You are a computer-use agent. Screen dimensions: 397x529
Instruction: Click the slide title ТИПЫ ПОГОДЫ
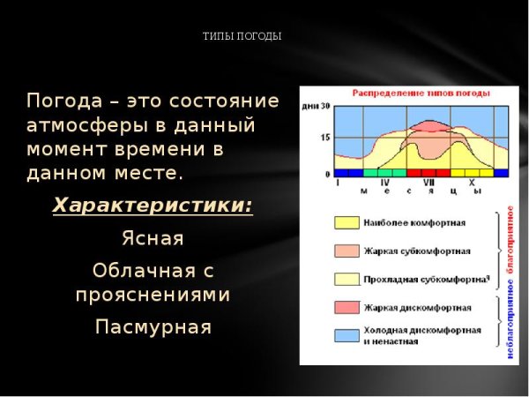pos(242,37)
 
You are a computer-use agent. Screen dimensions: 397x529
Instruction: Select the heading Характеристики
pos(153,206)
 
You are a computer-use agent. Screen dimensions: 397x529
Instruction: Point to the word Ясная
pos(153,238)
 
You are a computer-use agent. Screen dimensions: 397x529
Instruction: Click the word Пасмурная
pos(153,327)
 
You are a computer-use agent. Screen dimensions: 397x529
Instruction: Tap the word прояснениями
pos(153,294)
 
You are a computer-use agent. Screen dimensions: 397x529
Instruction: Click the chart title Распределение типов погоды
pos(409,93)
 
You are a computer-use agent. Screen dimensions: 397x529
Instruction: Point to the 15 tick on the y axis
pos(326,138)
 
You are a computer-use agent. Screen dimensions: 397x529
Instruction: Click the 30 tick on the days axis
pos(326,107)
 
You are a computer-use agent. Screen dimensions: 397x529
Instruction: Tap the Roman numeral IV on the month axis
pos(385,183)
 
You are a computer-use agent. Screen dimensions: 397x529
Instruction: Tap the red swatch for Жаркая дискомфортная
pos(346,307)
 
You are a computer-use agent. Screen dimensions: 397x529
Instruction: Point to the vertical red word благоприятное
pos(510,245)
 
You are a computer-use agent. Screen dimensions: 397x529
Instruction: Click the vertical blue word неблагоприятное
pos(510,326)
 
